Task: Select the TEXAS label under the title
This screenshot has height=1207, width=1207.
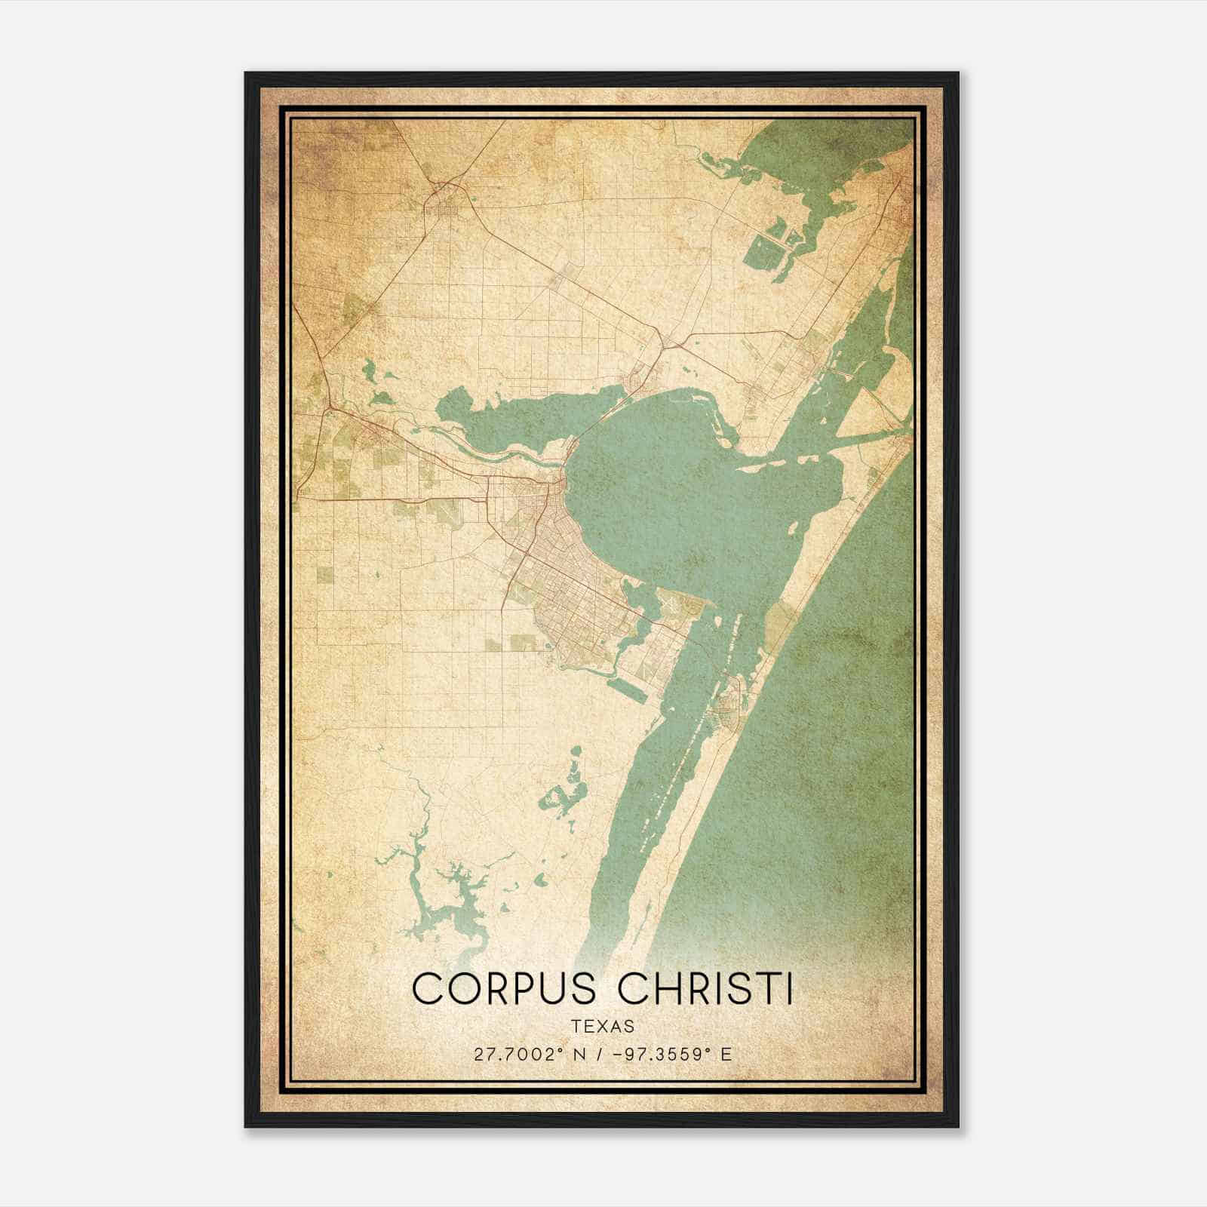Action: [x=603, y=1026]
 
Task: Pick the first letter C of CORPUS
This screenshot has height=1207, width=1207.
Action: [x=427, y=988]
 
